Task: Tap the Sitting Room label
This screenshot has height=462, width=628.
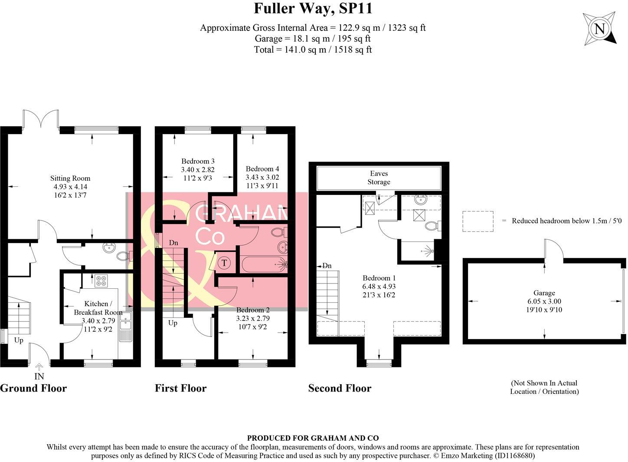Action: tap(70, 178)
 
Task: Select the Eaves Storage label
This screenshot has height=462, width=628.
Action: tap(379, 178)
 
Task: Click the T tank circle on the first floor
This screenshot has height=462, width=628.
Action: tap(224, 263)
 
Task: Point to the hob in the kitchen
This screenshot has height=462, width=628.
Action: tap(101, 280)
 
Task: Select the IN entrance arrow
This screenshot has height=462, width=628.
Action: tap(39, 367)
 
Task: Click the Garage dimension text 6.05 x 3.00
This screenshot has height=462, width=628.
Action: tap(544, 301)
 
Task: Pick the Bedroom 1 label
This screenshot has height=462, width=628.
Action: tap(379, 278)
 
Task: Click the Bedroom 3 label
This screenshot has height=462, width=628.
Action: tap(198, 161)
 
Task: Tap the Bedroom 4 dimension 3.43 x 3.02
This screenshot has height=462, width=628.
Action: tap(262, 177)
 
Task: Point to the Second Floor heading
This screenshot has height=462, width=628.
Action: tap(340, 388)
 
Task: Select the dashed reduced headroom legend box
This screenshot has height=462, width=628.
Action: tap(478, 221)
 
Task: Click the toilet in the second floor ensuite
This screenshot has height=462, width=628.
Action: tap(432, 226)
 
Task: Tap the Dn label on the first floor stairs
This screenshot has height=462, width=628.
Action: tap(173, 243)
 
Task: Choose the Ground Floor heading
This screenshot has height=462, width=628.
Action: tap(33, 388)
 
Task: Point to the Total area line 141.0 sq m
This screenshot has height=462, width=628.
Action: tap(313, 49)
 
